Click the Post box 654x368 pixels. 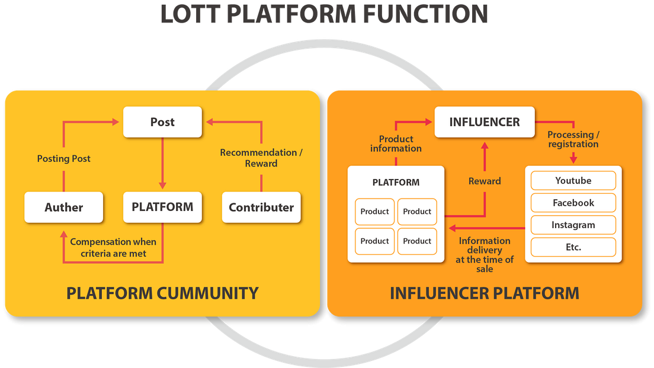click(162, 122)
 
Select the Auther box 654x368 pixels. click(64, 207)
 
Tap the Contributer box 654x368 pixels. click(261, 207)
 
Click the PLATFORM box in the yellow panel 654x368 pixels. click(162, 207)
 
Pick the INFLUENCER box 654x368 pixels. click(485, 122)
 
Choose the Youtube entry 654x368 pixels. click(573, 181)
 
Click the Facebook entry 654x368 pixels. click(573, 203)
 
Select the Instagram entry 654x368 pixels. click(573, 225)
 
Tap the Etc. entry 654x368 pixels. click(573, 247)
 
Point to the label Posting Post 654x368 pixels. click(64, 159)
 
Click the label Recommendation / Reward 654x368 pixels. click(261, 158)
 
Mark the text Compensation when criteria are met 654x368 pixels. click(113, 248)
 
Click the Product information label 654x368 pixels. click(396, 143)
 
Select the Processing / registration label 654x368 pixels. click(573, 139)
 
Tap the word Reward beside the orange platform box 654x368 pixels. click(485, 181)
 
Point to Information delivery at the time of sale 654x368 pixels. click(485, 254)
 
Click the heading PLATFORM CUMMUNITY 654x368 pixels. click(162, 293)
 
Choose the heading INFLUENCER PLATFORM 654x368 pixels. click(485, 293)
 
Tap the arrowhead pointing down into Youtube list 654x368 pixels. click(573, 159)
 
